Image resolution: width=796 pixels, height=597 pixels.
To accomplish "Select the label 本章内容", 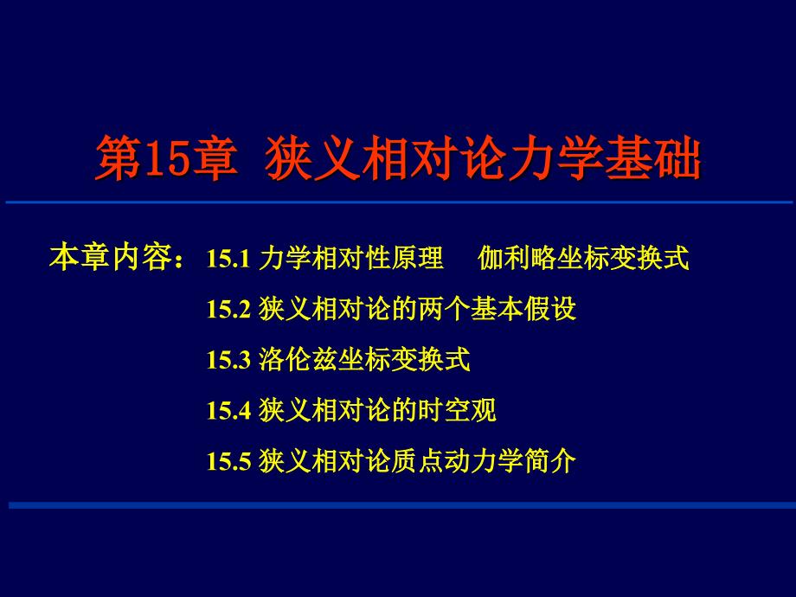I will point(110,258).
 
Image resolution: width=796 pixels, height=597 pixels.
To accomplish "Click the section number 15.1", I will point(228,259).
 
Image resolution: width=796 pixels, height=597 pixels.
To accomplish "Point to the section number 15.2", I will point(228,309).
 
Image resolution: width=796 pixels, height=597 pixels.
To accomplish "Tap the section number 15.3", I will point(228,360).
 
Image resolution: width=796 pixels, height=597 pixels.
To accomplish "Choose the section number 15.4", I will point(228,410).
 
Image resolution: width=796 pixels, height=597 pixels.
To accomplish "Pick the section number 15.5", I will point(228,461).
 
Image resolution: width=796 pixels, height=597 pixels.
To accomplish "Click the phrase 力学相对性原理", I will point(351,259).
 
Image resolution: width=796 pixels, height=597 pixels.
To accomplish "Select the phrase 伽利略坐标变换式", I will point(584,259).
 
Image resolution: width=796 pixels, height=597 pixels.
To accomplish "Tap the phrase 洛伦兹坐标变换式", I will point(364,360).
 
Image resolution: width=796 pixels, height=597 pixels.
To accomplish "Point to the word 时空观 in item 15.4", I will point(470,410).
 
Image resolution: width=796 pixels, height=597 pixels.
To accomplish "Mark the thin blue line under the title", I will point(398,202).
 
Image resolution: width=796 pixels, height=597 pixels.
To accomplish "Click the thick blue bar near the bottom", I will point(398,504).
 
